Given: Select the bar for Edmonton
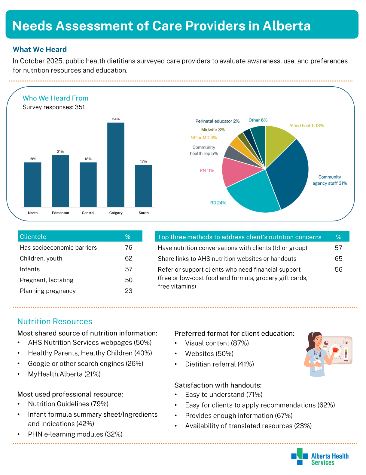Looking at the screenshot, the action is click(x=60, y=181).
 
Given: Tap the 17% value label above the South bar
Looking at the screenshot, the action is click(x=143, y=161).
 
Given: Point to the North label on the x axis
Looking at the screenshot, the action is click(x=33, y=213).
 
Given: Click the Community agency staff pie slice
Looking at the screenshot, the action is click(x=288, y=173).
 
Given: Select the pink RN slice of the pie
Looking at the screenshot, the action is click(x=237, y=173).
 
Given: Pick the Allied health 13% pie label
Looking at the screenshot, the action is click(x=306, y=125).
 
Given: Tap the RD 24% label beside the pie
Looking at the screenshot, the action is click(x=218, y=203).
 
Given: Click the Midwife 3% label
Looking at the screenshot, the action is click(x=213, y=130).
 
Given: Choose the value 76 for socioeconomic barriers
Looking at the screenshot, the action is click(x=129, y=248).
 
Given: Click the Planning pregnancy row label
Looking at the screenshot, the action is click(x=47, y=291).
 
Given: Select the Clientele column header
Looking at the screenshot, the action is click(x=33, y=236).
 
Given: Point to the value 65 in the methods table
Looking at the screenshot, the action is click(x=338, y=259).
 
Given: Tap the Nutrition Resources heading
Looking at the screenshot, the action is click(x=55, y=321).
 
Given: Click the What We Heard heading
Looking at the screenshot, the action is click(x=40, y=49).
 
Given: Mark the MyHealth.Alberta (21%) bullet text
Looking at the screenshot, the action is click(x=64, y=374).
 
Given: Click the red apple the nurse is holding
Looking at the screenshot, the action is click(x=335, y=349).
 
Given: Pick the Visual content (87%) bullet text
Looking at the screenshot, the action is click(x=217, y=343).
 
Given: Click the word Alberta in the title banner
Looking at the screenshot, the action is click(x=287, y=26).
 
